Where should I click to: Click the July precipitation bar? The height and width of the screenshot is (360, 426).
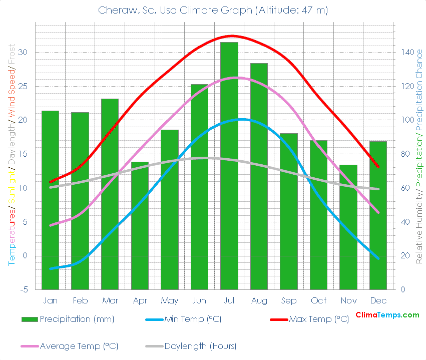(229, 165)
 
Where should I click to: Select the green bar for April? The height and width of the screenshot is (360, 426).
(140, 225)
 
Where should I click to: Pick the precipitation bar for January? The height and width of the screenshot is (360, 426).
(50, 200)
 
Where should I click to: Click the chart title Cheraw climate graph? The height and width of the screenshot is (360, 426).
(213, 11)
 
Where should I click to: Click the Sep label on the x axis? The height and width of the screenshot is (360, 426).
(289, 301)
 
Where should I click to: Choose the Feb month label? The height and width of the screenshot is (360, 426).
(80, 301)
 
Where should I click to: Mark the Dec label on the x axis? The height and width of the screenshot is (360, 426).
(378, 301)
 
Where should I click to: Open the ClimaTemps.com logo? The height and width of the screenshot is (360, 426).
(387, 315)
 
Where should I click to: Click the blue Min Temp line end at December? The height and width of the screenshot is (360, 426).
(378, 258)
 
